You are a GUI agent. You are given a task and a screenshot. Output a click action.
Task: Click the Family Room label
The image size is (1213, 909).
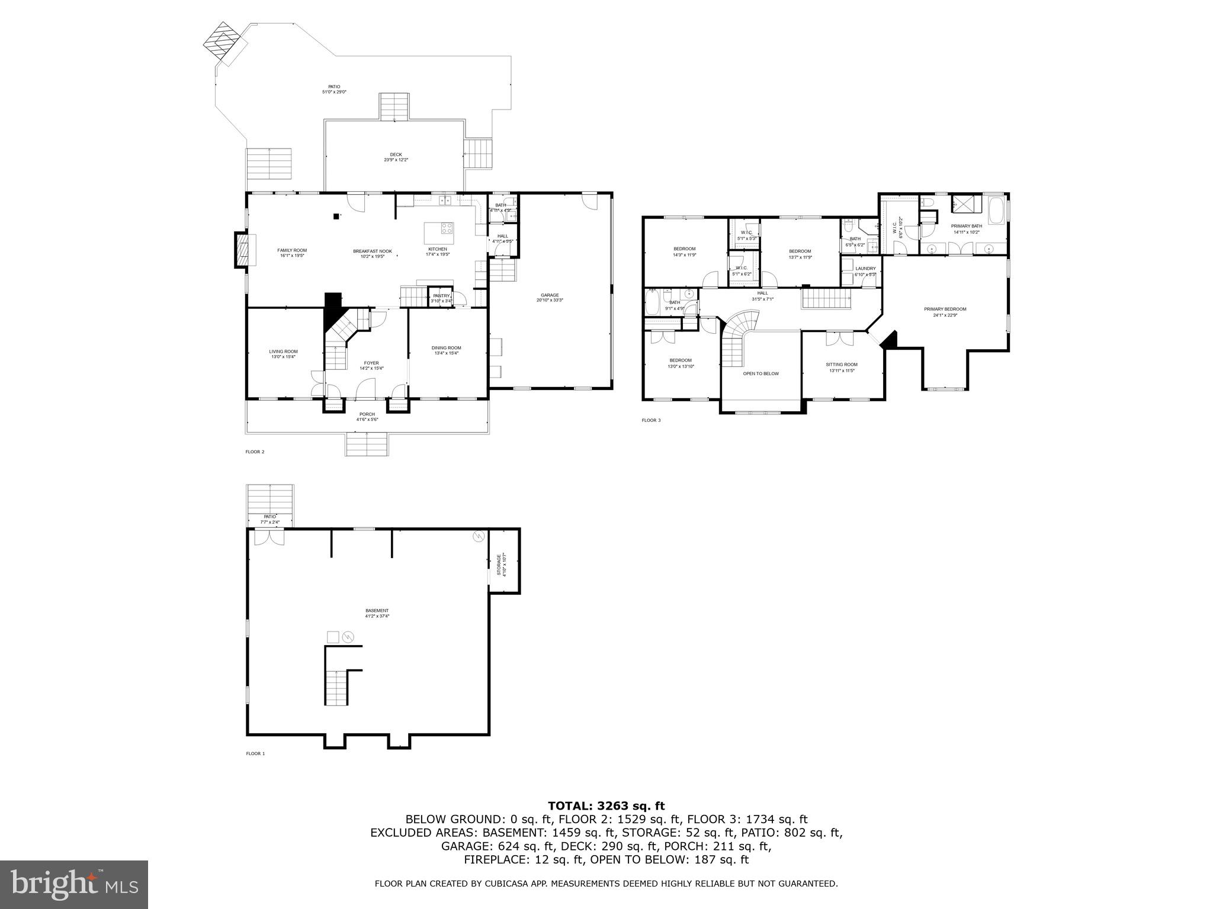(292, 250)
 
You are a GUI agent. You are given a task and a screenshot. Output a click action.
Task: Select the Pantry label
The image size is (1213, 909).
(441, 296)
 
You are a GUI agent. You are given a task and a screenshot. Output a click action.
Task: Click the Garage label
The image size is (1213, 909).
(549, 295)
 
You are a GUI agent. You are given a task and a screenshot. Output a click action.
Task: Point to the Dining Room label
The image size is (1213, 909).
(446, 348)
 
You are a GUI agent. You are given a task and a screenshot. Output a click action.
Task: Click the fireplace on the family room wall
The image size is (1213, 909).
(242, 250)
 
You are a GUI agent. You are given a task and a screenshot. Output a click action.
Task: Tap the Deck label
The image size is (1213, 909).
(396, 155)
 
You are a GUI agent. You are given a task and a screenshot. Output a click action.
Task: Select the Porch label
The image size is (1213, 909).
(367, 414)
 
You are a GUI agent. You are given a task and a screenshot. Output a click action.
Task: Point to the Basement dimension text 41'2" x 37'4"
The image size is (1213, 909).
(377, 616)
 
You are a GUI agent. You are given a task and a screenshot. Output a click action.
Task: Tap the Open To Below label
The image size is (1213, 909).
(760, 373)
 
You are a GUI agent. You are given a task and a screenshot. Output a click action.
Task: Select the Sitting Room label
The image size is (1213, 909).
(842, 365)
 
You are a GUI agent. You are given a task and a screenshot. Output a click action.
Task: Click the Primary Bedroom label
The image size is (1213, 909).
(945, 309)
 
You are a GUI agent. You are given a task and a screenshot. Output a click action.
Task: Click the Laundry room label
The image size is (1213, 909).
(865, 269)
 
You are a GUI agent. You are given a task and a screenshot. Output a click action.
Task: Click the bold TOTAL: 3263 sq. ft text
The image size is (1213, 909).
(606, 805)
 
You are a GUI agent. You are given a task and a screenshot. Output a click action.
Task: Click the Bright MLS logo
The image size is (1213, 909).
(74, 885)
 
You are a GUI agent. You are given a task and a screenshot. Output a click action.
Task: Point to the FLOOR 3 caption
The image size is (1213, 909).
(650, 420)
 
